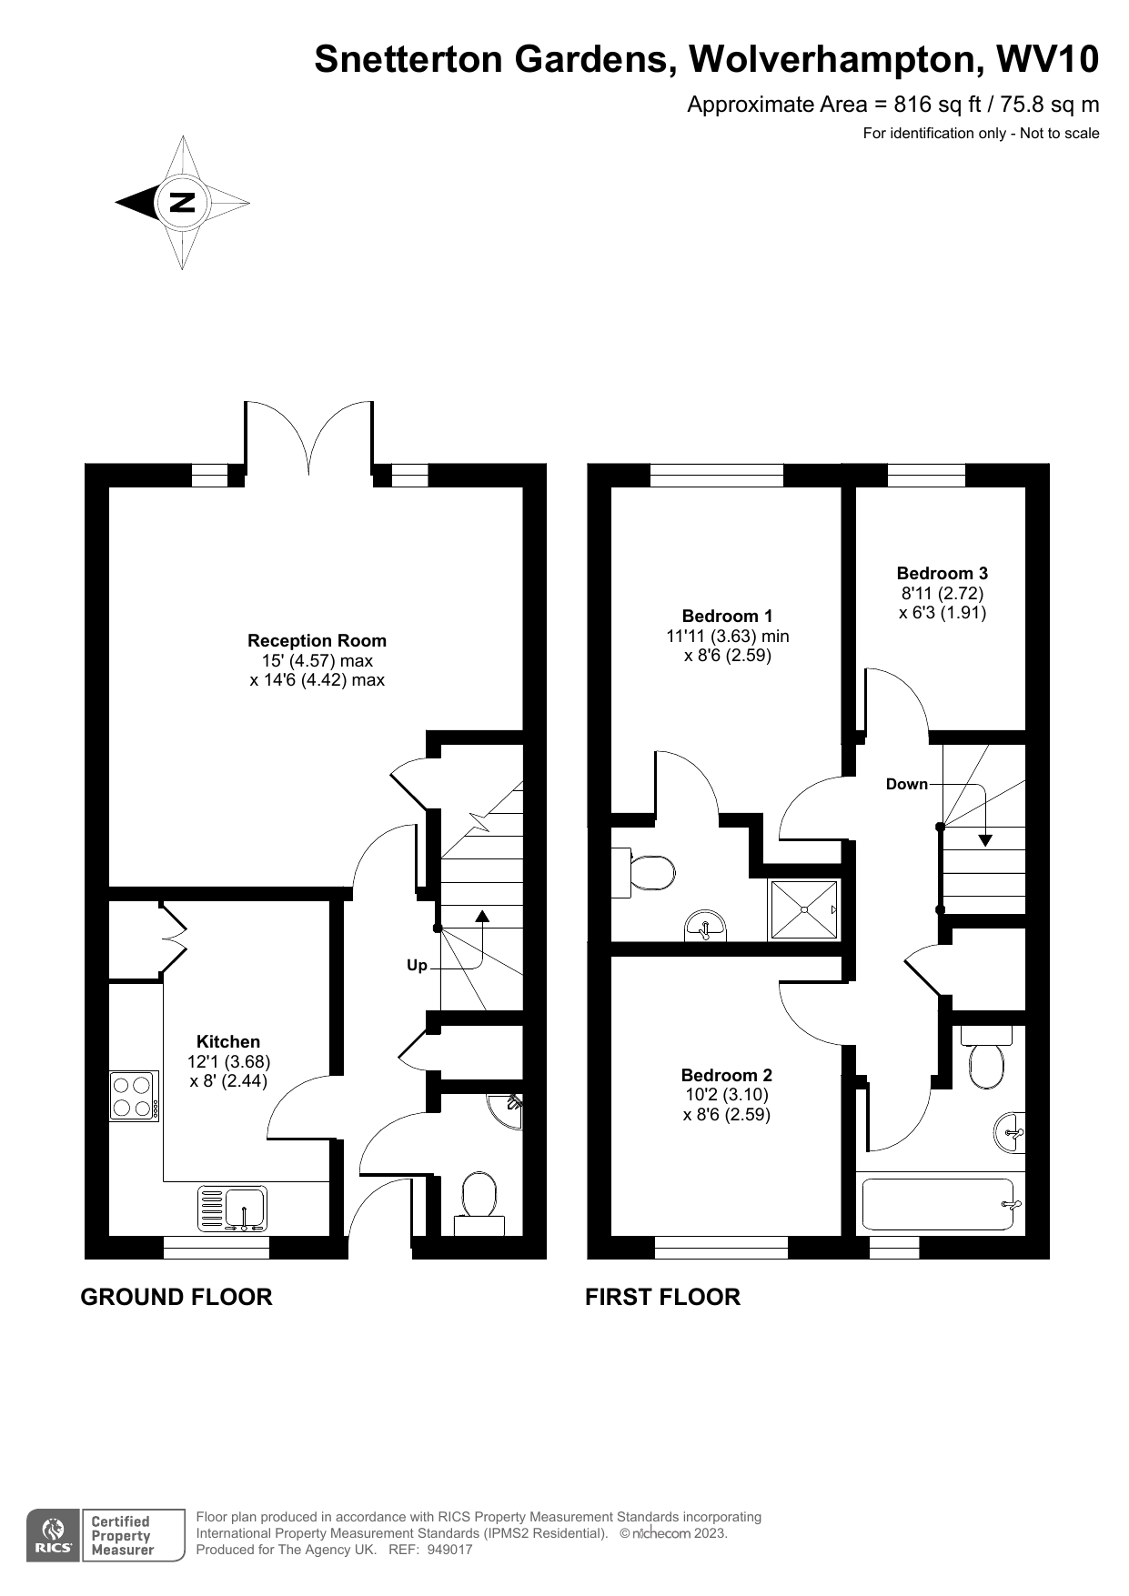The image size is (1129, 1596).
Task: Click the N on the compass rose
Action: pyautogui.click(x=183, y=202)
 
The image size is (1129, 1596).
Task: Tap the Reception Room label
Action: pyautogui.click(x=317, y=640)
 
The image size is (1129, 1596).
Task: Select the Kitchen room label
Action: pyautogui.click(x=228, y=1041)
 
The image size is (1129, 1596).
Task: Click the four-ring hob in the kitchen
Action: pyautogui.click(x=134, y=1096)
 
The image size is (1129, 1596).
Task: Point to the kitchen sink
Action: pyautogui.click(x=233, y=1209)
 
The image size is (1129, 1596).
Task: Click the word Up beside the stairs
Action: pyautogui.click(x=417, y=965)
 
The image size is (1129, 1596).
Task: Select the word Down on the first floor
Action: pyautogui.click(x=907, y=784)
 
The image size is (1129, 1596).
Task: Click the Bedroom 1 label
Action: pyautogui.click(x=727, y=616)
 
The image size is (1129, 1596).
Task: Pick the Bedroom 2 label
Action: pyautogui.click(x=726, y=1075)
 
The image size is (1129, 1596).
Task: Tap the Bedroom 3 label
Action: pyautogui.click(x=942, y=573)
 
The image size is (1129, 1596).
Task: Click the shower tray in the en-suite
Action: pyautogui.click(x=804, y=909)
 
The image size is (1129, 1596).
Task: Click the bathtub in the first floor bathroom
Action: pyautogui.click(x=938, y=1205)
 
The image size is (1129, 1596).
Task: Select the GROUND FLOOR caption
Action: pyautogui.click(x=176, y=1297)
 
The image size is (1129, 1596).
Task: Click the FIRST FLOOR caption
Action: pyautogui.click(x=662, y=1297)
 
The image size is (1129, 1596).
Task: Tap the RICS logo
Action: pyautogui.click(x=54, y=1535)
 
